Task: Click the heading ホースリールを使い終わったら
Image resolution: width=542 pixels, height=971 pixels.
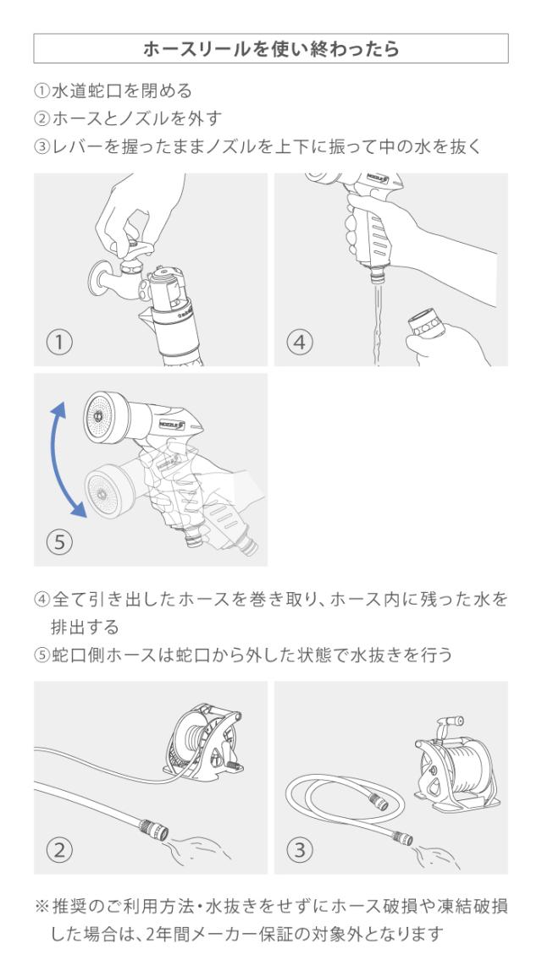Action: click(x=271, y=49)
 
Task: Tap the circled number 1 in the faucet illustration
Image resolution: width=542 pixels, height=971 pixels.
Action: click(x=60, y=343)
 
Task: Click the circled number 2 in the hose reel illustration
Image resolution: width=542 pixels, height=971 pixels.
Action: click(x=60, y=848)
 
